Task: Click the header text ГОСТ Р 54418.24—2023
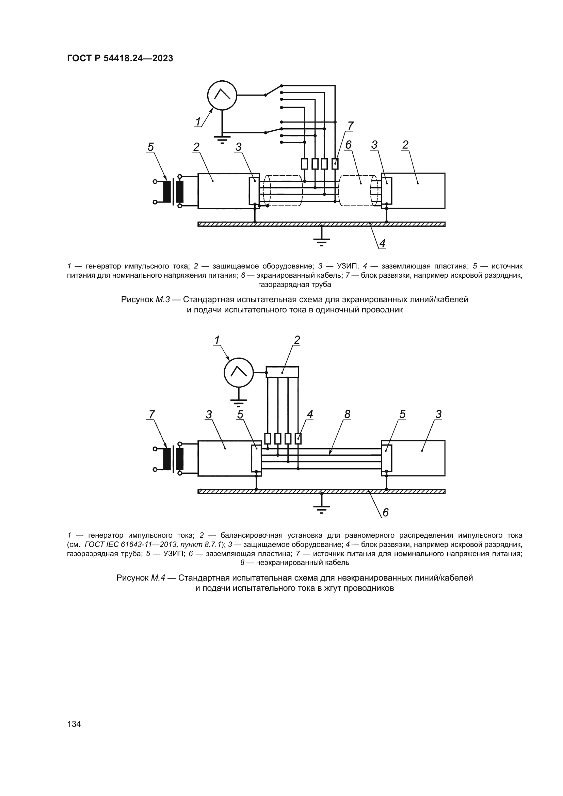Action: click(x=120, y=59)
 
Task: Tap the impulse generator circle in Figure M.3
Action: click(x=222, y=95)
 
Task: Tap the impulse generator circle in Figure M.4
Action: click(x=239, y=373)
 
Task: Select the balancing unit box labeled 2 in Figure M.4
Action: click(x=282, y=372)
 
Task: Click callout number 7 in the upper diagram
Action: click(x=351, y=126)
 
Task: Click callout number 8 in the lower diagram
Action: click(x=347, y=414)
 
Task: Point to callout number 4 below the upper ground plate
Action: click(x=382, y=244)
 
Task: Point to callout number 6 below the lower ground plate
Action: click(x=386, y=513)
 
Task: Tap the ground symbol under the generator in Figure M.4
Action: click(x=239, y=402)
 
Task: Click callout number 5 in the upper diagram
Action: click(x=150, y=147)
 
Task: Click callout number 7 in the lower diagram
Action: click(x=151, y=414)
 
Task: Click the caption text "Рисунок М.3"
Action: click(x=145, y=299)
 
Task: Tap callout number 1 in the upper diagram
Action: click(x=198, y=122)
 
